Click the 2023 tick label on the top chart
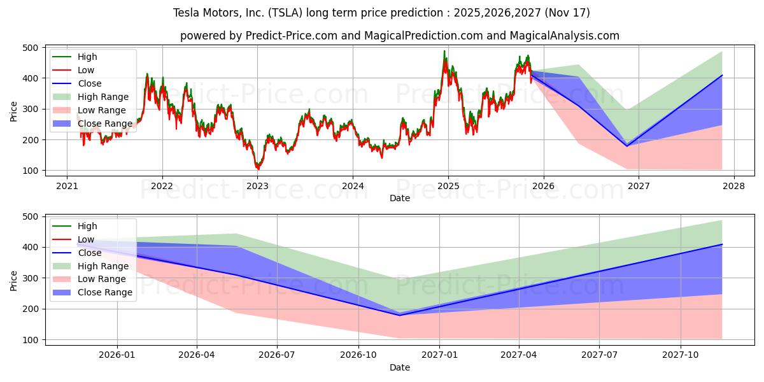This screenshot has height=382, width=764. pos(257,186)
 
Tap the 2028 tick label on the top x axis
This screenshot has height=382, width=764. pos(733,186)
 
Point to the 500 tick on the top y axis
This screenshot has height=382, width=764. pos(29,47)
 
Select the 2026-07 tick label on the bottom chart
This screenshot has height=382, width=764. pos(278,355)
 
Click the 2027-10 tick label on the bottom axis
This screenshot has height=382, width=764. pos(681,355)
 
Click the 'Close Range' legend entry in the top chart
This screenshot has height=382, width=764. pos(105,124)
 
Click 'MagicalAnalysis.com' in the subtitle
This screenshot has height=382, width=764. pos(565,36)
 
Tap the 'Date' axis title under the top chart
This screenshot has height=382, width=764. pos(400,198)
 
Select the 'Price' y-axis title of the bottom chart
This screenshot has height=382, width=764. pos(14,280)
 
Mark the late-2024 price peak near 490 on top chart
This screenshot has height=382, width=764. pos(444,51)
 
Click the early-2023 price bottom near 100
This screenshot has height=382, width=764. pos(258,169)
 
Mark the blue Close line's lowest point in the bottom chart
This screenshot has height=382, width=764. pos(400,315)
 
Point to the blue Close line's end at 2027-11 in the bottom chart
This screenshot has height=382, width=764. pos(722,244)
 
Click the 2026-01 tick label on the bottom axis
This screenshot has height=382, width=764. pos(117,355)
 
